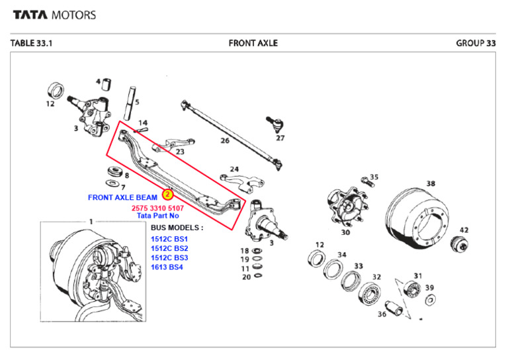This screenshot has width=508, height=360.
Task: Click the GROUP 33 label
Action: pyautogui.click(x=476, y=43)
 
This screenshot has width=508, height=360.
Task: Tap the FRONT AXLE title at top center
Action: pyautogui.click(x=253, y=43)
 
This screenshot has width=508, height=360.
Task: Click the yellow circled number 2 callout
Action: pyautogui.click(x=167, y=195)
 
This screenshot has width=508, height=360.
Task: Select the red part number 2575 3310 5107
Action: pyautogui.click(x=159, y=208)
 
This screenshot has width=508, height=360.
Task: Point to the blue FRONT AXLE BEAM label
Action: pyautogui.click(x=122, y=197)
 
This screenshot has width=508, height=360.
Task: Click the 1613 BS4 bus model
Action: pyautogui.click(x=167, y=267)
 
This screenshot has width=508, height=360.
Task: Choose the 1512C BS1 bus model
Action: pyautogui.click(x=169, y=239)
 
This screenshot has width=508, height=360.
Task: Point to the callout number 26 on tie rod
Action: pyautogui.click(x=225, y=140)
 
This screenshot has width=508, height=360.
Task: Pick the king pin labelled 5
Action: pyautogui.click(x=131, y=100)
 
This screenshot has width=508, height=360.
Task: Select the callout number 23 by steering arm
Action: pyautogui.click(x=180, y=152)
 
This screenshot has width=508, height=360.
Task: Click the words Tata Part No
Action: pyautogui.click(x=158, y=216)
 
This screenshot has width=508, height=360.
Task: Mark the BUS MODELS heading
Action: pyautogui.click(x=177, y=227)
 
